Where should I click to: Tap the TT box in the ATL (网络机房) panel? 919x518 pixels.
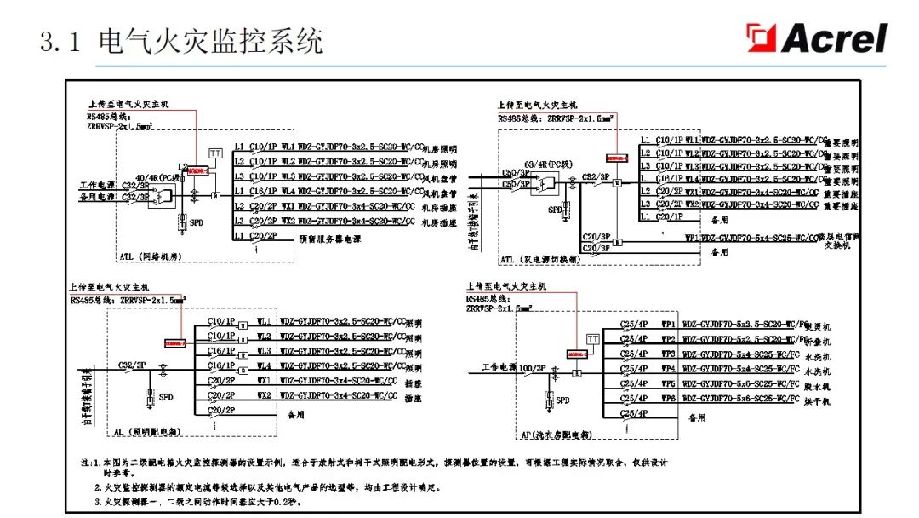coord(215,153)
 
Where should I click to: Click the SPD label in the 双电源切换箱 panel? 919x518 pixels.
coord(555,209)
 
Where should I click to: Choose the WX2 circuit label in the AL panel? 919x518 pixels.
coord(264,395)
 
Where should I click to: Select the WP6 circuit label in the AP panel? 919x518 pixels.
coord(668,398)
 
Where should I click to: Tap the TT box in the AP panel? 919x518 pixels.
coord(592,339)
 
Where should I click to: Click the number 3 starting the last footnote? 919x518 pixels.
coord(98,502)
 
